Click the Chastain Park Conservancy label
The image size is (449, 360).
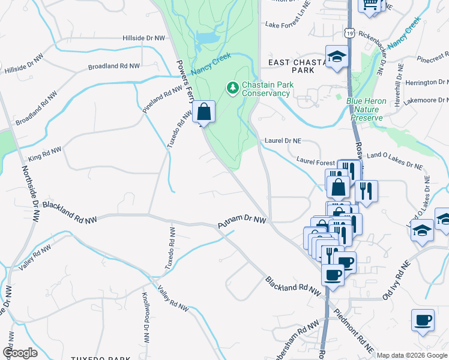[268, 89]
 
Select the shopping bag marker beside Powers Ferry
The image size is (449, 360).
[203, 112]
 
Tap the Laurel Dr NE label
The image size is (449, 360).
[283, 141]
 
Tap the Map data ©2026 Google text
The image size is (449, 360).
[411, 355]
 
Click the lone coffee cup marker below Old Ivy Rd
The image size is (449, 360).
[423, 320]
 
